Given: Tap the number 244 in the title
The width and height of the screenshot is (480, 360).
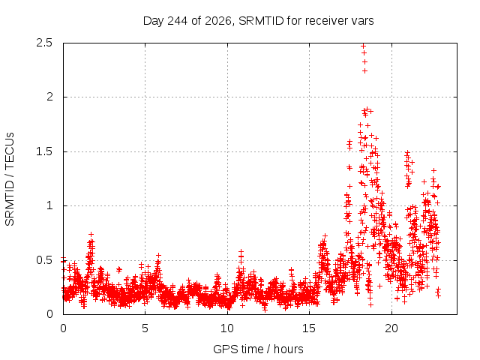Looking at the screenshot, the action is click(178, 21).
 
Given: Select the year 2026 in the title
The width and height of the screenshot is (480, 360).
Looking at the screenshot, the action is click(218, 21).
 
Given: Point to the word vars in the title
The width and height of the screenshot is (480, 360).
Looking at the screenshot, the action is click(362, 21).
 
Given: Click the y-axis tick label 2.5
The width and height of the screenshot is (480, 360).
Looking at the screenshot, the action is click(44, 43).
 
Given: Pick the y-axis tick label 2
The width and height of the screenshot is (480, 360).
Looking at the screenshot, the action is click(49, 97).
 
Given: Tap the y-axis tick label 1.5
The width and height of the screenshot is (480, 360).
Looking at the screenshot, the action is click(44, 151).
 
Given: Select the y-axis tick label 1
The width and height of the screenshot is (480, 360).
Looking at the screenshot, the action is click(50, 205).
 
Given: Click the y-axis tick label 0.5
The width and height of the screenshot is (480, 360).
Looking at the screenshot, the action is click(44, 260).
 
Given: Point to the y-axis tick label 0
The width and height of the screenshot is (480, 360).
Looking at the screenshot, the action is click(49, 314).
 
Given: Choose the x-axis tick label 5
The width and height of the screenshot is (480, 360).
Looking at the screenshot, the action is click(145, 328).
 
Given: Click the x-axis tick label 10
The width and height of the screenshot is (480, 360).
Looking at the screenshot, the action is click(227, 328).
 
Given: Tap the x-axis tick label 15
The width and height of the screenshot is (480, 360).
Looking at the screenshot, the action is click(309, 328).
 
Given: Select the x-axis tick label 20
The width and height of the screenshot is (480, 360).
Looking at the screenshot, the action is click(391, 328).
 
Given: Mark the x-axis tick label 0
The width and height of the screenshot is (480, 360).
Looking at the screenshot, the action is click(63, 328).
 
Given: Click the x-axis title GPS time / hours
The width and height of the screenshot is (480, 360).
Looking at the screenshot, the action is click(258, 349).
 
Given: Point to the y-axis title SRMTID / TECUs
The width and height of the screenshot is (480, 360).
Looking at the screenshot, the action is click(10, 179).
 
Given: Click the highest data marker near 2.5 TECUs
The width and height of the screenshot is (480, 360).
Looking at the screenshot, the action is click(363, 46).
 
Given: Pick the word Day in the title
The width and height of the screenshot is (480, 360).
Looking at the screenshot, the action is click(154, 21).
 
